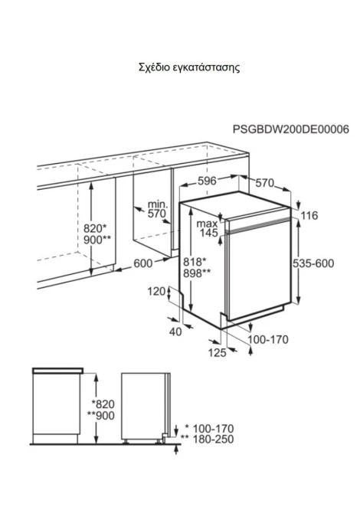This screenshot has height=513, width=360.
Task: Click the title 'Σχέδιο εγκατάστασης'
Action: coord(189,67)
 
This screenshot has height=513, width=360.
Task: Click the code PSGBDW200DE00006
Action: coord(291,129)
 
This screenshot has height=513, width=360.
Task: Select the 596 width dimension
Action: coord(207,181)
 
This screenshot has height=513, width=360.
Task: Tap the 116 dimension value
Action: coord(309,215)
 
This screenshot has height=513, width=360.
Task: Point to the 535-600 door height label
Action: coord(313,263)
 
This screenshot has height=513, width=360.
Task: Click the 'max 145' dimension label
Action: coord(207,228)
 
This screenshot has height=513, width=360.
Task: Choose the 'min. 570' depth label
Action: coord(157,209)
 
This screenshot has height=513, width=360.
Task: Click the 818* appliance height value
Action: coord(195,262)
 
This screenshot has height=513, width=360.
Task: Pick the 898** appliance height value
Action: coord(197,273)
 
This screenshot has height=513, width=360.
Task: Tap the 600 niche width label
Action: coord(143,263)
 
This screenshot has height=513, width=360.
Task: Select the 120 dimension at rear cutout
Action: coord(156,291)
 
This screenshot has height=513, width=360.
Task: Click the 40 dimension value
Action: coord(175,332)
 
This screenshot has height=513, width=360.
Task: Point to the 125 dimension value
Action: coord(218,352)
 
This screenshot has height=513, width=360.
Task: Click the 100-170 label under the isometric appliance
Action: coord(268,340)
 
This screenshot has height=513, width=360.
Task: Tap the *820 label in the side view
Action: coord(103,404)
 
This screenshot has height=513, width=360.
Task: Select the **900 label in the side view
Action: coord(101,416)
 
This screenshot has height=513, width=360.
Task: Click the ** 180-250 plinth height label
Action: coord(208,439)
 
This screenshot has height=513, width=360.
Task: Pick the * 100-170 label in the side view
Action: coord(209,428)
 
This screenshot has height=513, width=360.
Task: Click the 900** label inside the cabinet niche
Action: coord(97,240)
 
